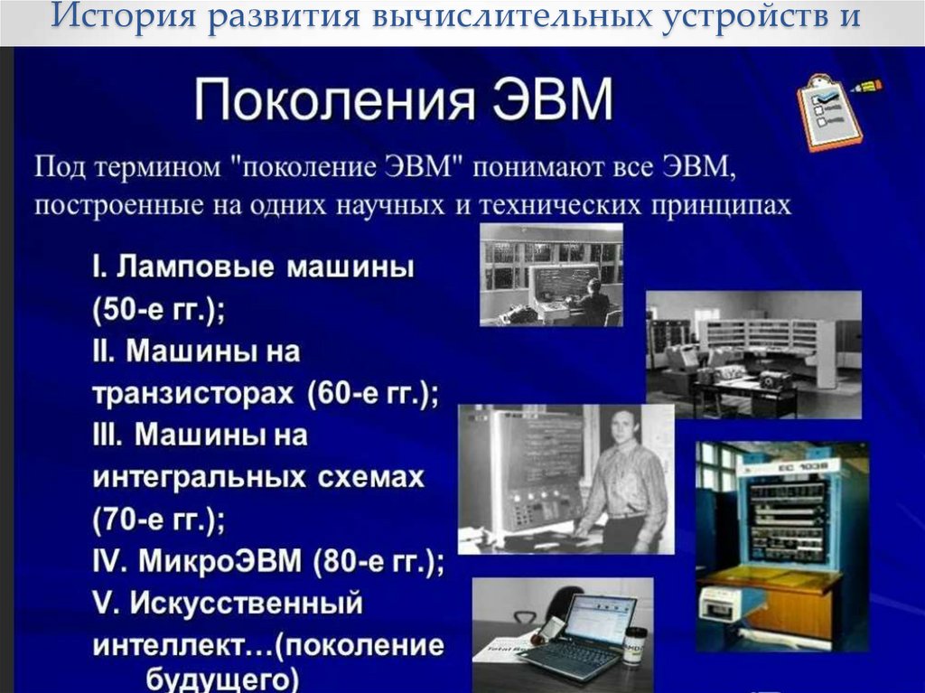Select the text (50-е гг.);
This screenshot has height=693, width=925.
click(x=158, y=308)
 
